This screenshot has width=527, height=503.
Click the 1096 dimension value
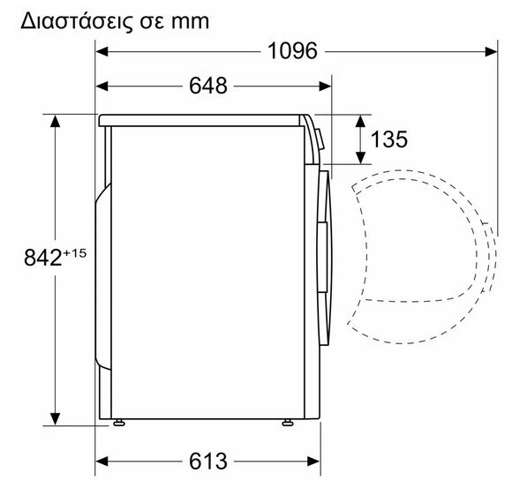[292, 51]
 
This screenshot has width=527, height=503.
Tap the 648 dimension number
[208, 86]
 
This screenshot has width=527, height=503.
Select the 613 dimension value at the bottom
[208, 461]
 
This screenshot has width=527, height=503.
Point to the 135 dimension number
[389, 139]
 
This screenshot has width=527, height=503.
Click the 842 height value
[42, 258]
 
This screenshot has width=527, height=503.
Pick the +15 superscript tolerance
[75, 252]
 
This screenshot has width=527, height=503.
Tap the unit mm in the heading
[190, 22]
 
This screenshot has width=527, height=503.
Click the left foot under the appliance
[119, 423]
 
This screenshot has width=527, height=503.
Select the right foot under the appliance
[288, 423]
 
